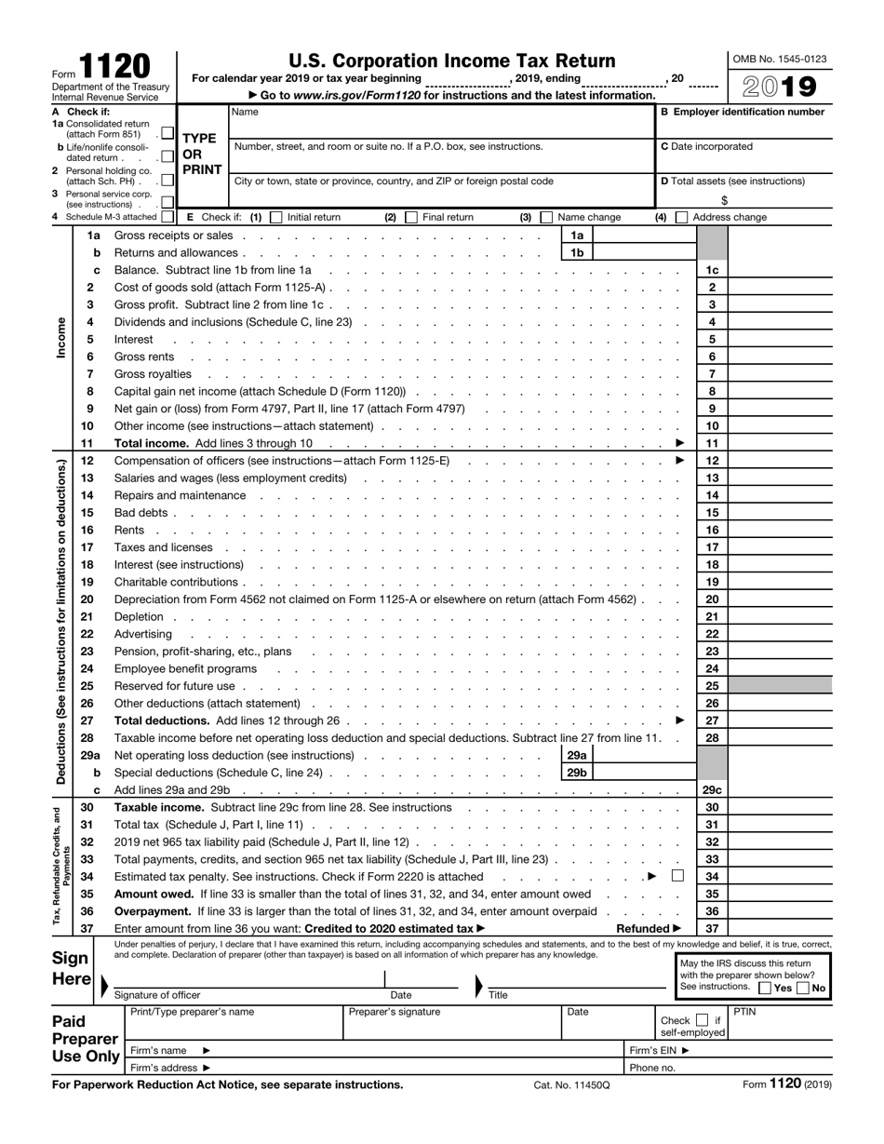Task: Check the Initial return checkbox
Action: pyautogui.click(x=275, y=218)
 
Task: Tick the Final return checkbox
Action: pyautogui.click(x=411, y=218)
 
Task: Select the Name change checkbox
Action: pyautogui.click(x=546, y=218)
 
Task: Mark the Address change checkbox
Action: pyautogui.click(x=681, y=218)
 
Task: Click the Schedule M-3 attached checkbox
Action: pyautogui.click(x=167, y=217)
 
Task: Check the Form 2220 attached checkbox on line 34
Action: pyautogui.click(x=677, y=876)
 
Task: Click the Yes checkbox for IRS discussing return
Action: pyautogui.click(x=766, y=988)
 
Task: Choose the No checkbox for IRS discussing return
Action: pyautogui.click(x=804, y=988)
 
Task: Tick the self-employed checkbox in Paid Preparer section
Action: pyautogui.click(x=703, y=1021)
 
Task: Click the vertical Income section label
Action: pyautogui.click(x=62, y=340)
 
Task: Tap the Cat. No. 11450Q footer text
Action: pyautogui.click(x=571, y=1085)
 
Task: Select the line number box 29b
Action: pyautogui.click(x=576, y=773)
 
